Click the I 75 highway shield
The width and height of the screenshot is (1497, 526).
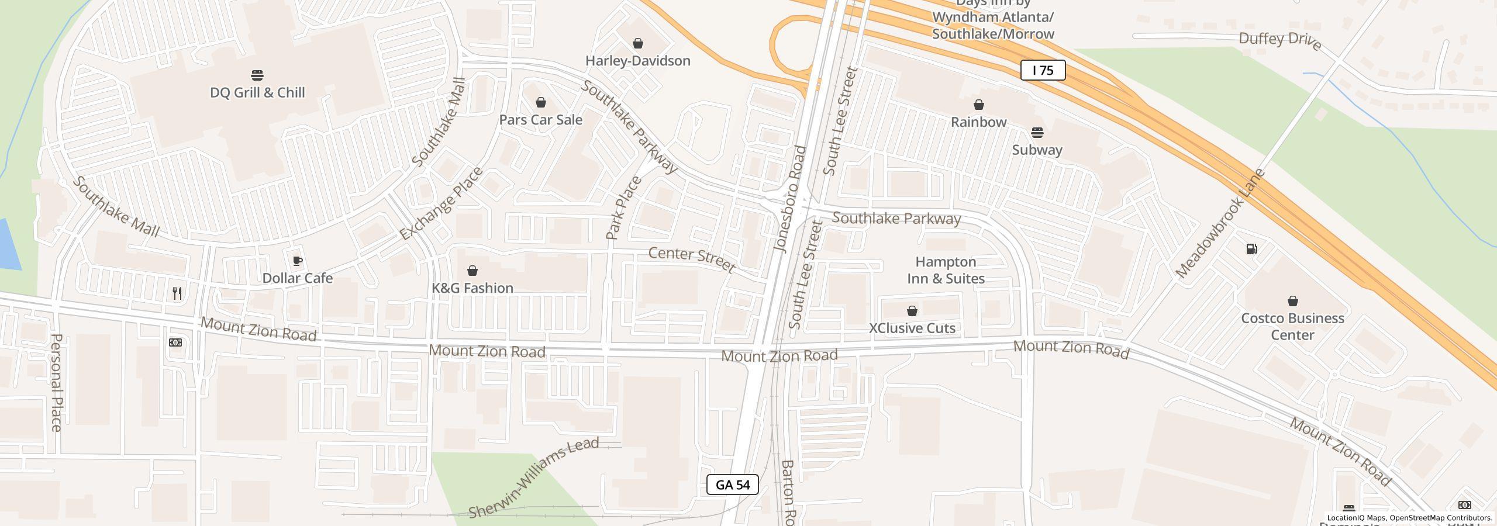1043,71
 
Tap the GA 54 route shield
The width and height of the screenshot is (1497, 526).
732,485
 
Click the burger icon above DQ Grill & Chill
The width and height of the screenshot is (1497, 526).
257,75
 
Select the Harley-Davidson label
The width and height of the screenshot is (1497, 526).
637,61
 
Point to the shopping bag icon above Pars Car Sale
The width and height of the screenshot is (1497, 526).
541,103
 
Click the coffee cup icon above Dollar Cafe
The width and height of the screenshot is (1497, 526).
297,261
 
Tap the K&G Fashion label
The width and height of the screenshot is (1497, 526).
472,288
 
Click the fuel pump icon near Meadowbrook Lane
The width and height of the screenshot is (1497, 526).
1251,250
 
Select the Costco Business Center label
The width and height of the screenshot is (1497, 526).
1292,327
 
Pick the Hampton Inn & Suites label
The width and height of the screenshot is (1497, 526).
946,270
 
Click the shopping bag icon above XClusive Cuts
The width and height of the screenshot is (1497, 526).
912,311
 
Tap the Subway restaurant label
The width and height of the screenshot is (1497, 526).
1037,150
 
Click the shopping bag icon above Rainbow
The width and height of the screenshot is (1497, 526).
978,105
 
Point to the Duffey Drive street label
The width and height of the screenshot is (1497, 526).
1279,41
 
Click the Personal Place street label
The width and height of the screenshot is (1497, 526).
56,382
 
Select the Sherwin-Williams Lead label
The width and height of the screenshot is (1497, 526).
533,477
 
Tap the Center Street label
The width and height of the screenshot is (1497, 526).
691,259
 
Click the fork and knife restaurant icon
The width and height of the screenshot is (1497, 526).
177,293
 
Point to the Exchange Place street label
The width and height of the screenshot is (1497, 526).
441,203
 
